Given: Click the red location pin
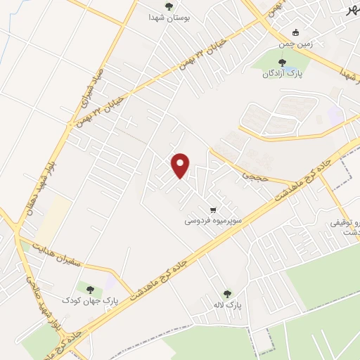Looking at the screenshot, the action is [181, 165].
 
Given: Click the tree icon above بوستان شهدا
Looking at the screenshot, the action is [169, 6].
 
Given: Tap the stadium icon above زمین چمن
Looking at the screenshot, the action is [296, 32].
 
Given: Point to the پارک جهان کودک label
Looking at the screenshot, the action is [89, 300].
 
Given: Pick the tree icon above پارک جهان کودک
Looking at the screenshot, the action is [89, 288].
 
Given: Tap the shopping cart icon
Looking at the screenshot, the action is [213, 210].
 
